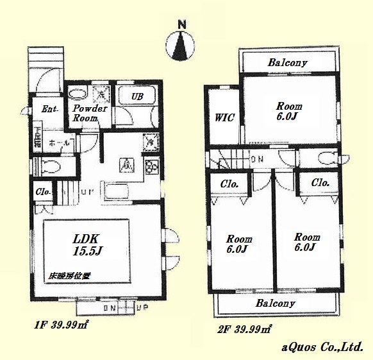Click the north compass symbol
point(181,43)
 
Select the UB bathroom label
point(137,96)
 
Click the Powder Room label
point(84,114)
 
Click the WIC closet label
point(224,117)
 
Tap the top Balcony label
point(288,63)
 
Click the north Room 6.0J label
point(289,111)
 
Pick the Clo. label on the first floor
point(43,192)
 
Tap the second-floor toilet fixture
point(325,159)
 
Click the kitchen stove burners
point(152,167)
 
